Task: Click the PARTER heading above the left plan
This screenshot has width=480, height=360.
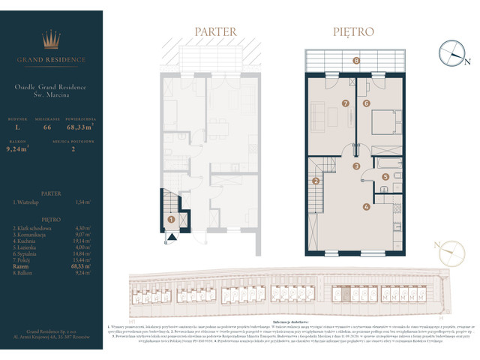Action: point(215,32)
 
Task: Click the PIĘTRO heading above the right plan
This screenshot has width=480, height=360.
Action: point(353,32)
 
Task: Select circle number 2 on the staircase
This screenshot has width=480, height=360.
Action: point(316,181)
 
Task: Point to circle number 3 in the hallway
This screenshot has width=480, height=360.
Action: point(357,166)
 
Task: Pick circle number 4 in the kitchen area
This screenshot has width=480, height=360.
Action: point(366,206)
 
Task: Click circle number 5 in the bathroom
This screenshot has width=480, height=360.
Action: point(385,177)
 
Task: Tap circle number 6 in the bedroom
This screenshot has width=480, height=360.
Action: point(367,103)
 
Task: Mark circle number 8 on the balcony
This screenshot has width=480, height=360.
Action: point(356,60)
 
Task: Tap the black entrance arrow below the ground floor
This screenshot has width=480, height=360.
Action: point(171,237)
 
